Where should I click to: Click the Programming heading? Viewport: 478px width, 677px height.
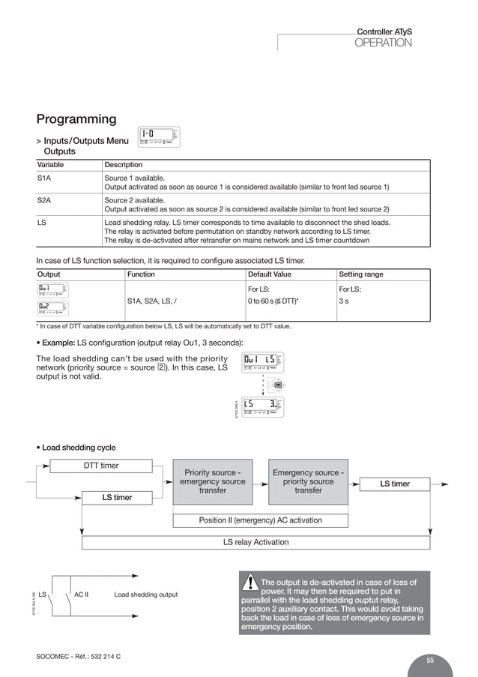[x=76, y=119]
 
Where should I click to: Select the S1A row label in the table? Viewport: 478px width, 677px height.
[x=44, y=178]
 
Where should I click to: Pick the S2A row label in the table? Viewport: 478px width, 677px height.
[x=44, y=200]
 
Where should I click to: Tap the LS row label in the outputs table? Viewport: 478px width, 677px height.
[x=42, y=223]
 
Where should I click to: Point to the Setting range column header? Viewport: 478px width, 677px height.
[x=361, y=274]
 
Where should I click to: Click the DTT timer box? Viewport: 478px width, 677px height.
[x=100, y=466]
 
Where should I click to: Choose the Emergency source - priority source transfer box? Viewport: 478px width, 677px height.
[x=308, y=481]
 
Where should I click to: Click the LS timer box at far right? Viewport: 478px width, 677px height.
[x=395, y=484]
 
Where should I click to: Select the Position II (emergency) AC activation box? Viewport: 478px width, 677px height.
[x=260, y=520]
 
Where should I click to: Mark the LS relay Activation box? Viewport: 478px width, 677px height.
[x=255, y=542]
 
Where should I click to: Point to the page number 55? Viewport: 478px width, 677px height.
[x=430, y=660]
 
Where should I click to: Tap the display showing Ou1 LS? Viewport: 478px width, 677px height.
[x=264, y=362]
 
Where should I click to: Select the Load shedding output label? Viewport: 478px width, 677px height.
[x=145, y=595]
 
